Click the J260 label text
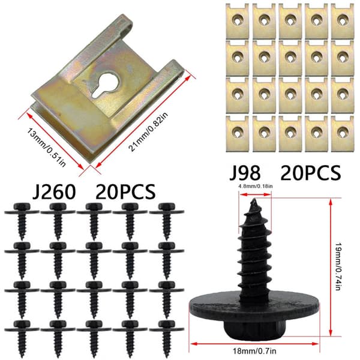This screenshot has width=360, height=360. click(x=54, y=192)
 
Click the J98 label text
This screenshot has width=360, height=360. click(x=245, y=173)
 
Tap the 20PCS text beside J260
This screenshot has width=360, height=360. click(x=125, y=192)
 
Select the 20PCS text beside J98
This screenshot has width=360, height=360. click(x=311, y=173)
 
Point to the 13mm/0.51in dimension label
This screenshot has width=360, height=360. click(x=46, y=147)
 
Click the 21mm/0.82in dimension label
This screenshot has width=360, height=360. click(x=148, y=131)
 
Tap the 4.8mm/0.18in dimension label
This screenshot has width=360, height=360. click(x=256, y=187)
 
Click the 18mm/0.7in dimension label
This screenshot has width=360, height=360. click(x=254, y=351)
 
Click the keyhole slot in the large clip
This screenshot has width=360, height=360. click(x=105, y=86)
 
